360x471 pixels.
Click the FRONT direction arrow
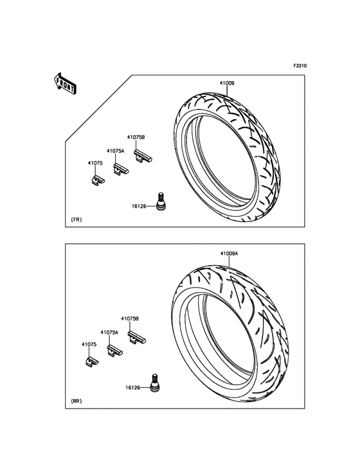[x=65, y=83]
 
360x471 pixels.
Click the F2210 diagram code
[x=300, y=66]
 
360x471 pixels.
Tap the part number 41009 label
[x=227, y=83]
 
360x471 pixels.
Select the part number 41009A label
[x=229, y=254]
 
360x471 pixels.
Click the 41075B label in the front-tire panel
[x=136, y=137]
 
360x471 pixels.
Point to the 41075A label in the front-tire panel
[x=116, y=151]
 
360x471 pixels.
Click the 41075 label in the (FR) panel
[x=95, y=163]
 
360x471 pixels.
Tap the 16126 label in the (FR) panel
[x=139, y=207]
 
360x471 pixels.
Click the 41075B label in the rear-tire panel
[x=130, y=319]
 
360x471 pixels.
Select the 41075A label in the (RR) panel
[x=109, y=333]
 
